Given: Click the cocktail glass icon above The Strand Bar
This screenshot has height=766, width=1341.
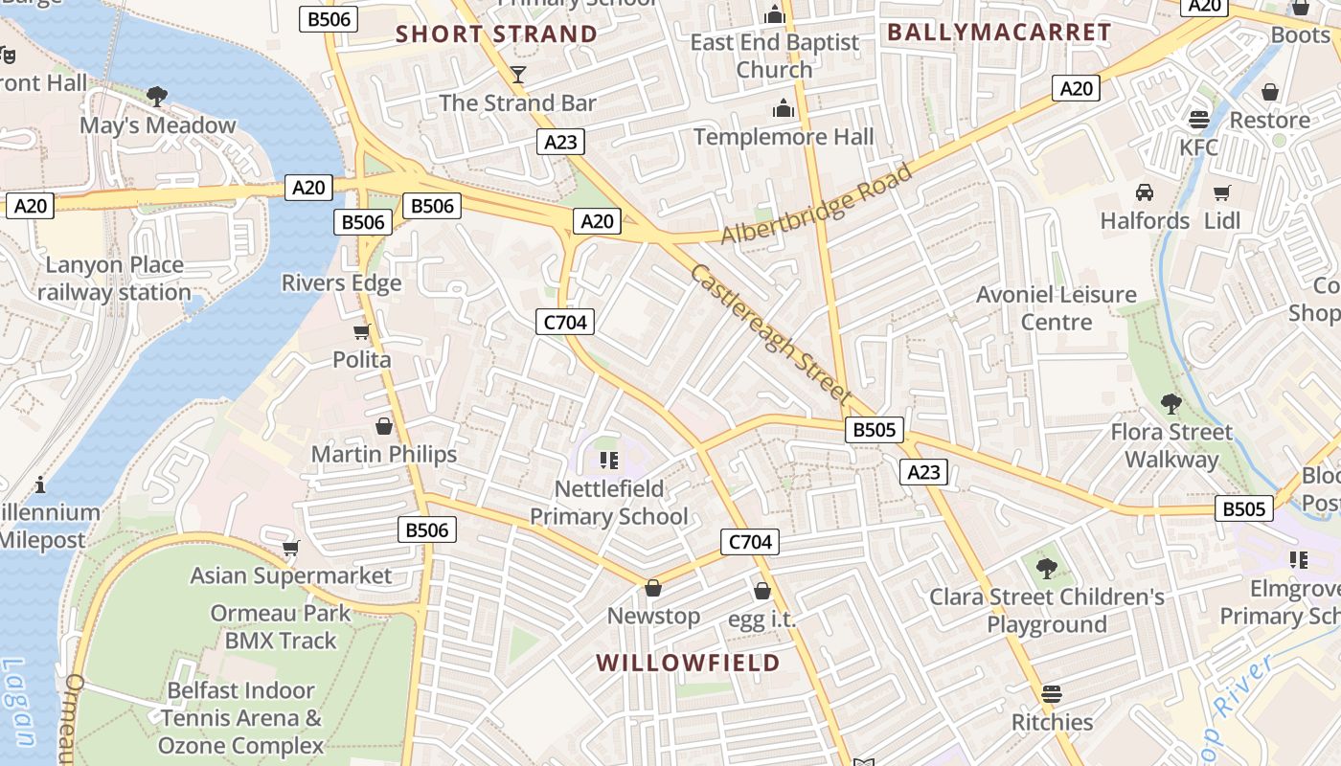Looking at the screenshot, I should pyautogui.click(x=518, y=75).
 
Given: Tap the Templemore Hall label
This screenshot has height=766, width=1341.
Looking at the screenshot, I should pyautogui.click(x=784, y=137).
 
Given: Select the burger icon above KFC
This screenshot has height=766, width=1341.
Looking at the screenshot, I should pyautogui.click(x=1198, y=120).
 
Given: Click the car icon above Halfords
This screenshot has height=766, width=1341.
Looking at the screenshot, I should pyautogui.click(x=1144, y=192).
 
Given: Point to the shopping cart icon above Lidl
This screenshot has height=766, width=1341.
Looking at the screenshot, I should pyautogui.click(x=1221, y=193).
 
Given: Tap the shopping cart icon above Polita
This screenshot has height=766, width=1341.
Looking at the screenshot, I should pyautogui.click(x=361, y=332).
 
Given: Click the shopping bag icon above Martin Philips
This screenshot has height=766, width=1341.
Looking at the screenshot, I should pyautogui.click(x=384, y=426).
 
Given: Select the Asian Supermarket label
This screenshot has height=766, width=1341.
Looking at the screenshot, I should pyautogui.click(x=291, y=575).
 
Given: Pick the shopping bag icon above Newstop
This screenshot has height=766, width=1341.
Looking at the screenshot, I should pyautogui.click(x=653, y=587).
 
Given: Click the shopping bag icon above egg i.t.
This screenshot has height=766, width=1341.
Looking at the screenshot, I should pyautogui.click(x=762, y=591).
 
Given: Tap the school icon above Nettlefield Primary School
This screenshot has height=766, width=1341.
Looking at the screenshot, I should pyautogui.click(x=609, y=461).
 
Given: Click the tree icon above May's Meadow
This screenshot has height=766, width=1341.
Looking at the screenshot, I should pyautogui.click(x=157, y=97).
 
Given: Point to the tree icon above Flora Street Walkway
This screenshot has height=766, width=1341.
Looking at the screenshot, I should pyautogui.click(x=1171, y=403).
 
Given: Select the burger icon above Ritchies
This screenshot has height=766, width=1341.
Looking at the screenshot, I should pyautogui.click(x=1052, y=693).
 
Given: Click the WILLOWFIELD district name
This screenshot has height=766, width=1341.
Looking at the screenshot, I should pyautogui.click(x=688, y=663).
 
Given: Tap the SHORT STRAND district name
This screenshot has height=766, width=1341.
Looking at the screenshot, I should pyautogui.click(x=496, y=34).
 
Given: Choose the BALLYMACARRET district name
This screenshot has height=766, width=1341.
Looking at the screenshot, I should pyautogui.click(x=999, y=33).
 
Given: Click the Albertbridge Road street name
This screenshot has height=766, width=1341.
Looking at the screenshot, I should pyautogui.click(x=816, y=205).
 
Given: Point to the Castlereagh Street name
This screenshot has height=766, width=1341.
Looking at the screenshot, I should pyautogui.click(x=771, y=333).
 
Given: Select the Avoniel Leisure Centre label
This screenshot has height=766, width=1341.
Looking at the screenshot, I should pyautogui.click(x=1056, y=308).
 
